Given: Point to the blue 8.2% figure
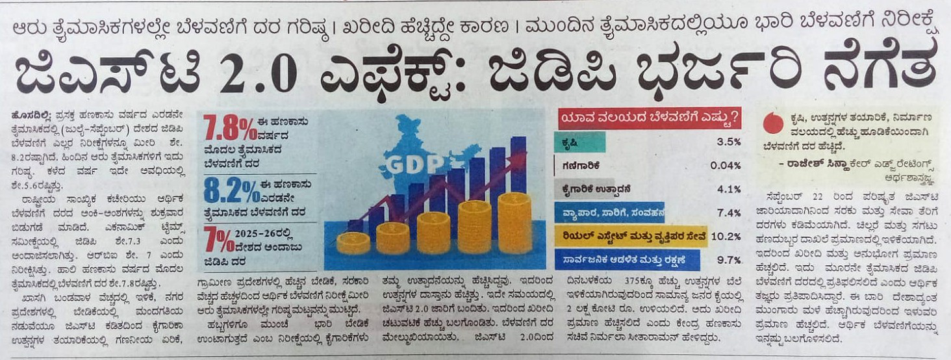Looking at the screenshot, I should (230, 191).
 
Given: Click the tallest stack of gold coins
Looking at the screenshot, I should (514, 222).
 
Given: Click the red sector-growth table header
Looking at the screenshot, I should (650, 119).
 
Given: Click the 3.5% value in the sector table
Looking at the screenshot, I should (728, 142).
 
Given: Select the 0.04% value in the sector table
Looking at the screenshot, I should (725, 165).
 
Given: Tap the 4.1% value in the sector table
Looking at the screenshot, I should (728, 189).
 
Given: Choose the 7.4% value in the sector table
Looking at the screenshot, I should (728, 212).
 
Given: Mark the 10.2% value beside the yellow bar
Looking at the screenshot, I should (726, 236).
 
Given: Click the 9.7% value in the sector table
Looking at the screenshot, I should (728, 260).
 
